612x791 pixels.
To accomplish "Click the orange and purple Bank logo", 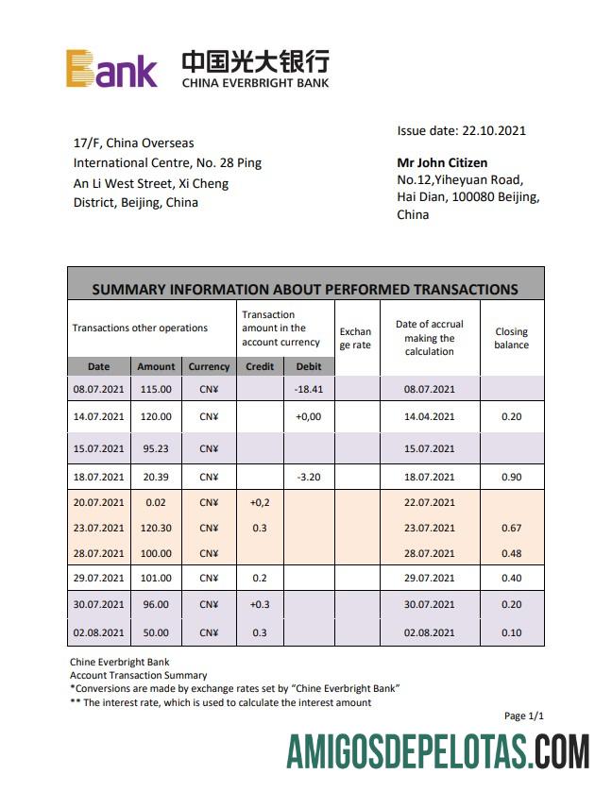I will pos(111,69).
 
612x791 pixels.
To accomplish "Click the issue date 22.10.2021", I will pos(461,131).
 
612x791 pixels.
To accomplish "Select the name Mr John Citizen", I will pos(442,162).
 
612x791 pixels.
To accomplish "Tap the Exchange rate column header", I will pos(355,338).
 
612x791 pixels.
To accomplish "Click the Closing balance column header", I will pos(511,338).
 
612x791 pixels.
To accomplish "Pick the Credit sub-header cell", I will pos(260,366).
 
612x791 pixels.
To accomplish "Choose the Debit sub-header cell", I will pos(309,366).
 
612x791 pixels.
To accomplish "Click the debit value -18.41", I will pos(309,388).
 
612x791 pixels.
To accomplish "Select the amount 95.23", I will pos(156,448).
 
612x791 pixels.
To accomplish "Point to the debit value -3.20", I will pos(309,477).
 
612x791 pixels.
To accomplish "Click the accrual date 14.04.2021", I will pos(429,416).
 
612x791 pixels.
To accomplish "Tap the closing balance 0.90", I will pos(511,477).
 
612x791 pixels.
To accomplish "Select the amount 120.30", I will pos(156,528).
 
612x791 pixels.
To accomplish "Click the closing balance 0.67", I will pos(511,528).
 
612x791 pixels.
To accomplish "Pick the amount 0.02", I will pos(156,502).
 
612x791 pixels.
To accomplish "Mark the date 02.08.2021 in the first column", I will pos(98,632).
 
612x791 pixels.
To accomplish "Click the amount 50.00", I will pos(156,632).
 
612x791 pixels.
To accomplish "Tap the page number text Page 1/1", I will pos(524,716).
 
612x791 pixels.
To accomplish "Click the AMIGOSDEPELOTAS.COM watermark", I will pos(438,753).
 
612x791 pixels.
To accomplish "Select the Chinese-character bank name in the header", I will pos(255,61).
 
